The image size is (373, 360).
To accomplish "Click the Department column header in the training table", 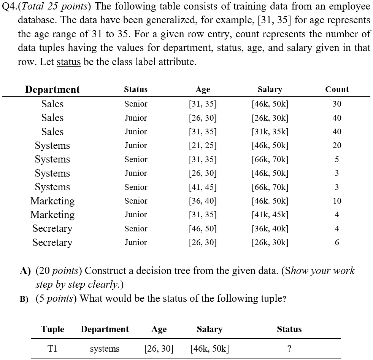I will coord(52,89).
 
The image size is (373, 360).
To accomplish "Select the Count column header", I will coord(337,89).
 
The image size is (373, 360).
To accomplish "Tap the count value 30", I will coord(337,104).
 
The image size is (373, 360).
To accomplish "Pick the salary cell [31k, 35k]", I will coord(270,132).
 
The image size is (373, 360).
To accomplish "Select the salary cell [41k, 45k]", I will coord(270,215).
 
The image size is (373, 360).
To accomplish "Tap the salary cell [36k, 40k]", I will coord(270,229).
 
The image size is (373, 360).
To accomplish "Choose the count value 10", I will coord(337,201).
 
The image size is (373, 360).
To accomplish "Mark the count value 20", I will coord(337,145).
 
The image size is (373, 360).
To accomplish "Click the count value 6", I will coord(337,242).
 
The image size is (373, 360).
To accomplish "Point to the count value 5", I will coord(337,159).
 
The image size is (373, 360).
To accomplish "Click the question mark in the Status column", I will coord(289,349).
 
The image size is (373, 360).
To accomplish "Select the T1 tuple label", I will coord(52,349).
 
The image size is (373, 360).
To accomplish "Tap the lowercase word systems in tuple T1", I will coord(105,349).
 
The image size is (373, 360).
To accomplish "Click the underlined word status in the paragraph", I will coord(68,62).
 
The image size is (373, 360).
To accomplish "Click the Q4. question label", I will coord(9,6).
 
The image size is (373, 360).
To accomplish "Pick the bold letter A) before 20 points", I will coord(25,271).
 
